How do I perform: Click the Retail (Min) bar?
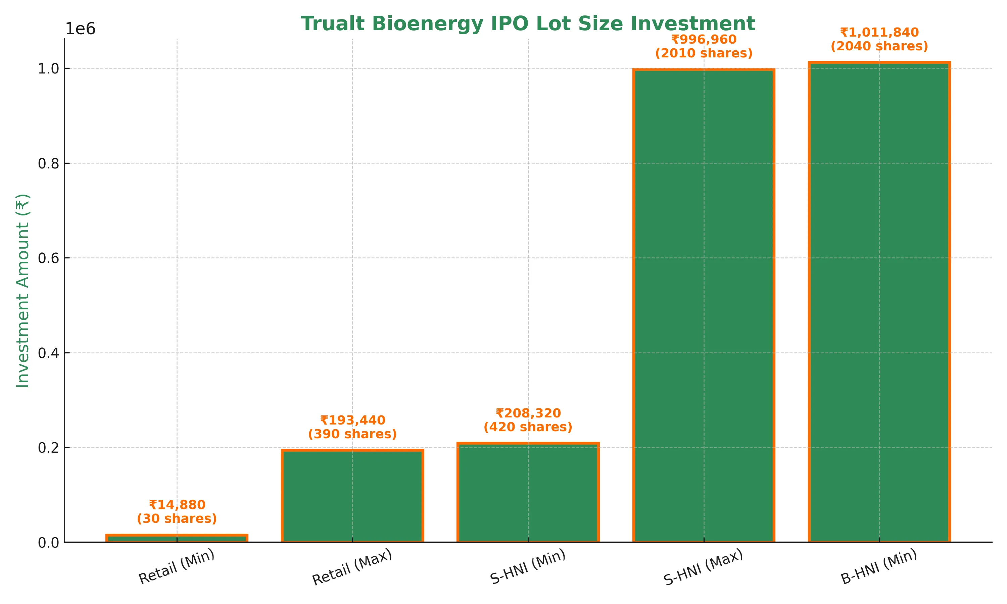point(177,539)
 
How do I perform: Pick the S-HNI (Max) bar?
point(704,305)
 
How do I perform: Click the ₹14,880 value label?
point(177,505)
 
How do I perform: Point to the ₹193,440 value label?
point(352,420)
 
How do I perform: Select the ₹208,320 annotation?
point(528,413)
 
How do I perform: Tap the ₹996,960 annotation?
point(704,40)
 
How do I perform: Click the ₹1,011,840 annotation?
point(879,32)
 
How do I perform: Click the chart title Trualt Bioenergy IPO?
point(528,23)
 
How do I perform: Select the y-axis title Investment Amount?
point(23,291)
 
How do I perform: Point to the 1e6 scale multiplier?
point(80,29)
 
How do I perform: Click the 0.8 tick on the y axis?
point(48,163)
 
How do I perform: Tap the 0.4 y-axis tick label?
point(48,353)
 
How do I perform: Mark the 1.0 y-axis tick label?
point(48,68)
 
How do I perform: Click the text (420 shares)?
point(528,427)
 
